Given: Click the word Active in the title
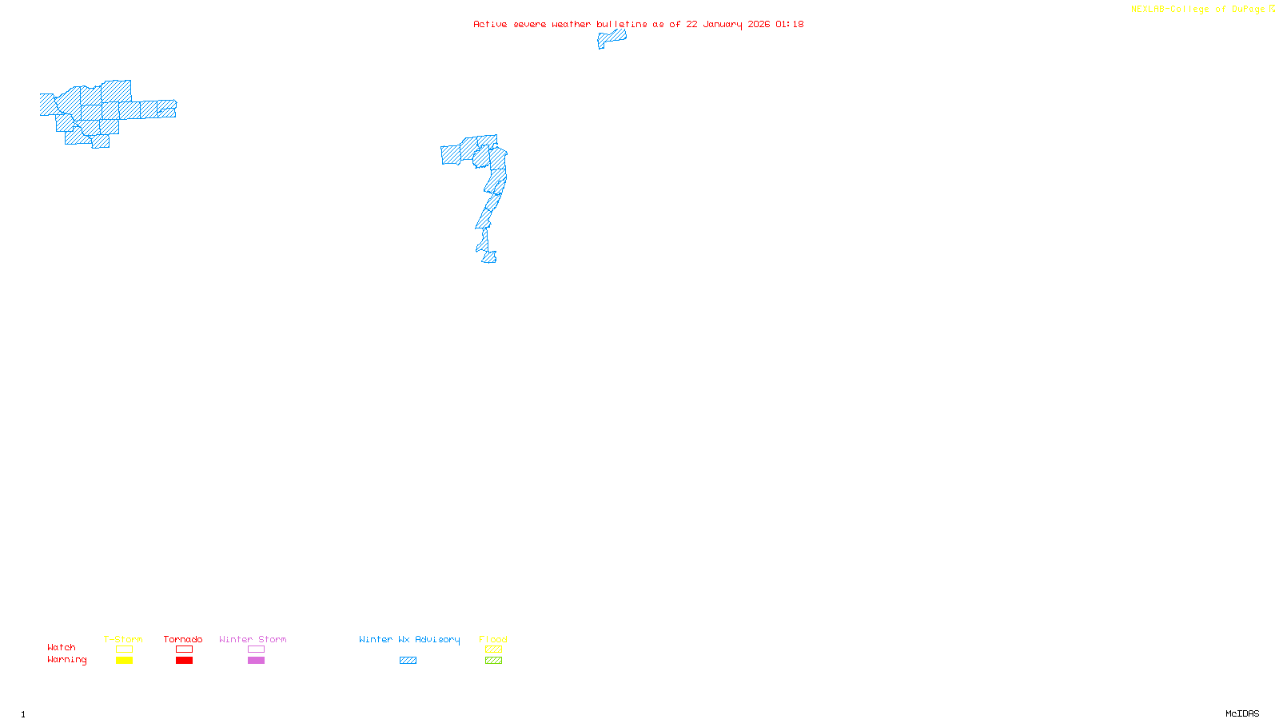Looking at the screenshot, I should click(489, 24).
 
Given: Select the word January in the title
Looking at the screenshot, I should click(723, 24).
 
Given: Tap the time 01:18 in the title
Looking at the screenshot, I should click(789, 24).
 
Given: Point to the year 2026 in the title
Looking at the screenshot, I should click(759, 24).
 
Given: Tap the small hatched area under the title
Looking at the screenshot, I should click(612, 38).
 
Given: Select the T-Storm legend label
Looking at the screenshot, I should click(123, 639).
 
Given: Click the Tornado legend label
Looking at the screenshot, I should click(183, 639).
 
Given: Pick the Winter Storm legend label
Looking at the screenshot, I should click(253, 639).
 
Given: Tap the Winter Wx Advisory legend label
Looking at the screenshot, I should click(409, 639).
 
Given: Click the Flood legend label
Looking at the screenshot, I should click(493, 639).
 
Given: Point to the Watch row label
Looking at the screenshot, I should click(62, 647).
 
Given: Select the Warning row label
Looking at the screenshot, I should click(67, 660).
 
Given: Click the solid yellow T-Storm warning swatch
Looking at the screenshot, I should click(124, 661).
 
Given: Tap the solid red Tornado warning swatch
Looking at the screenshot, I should click(184, 661).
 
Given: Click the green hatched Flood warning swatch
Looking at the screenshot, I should click(493, 661).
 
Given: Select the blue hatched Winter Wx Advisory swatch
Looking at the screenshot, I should click(408, 661).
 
